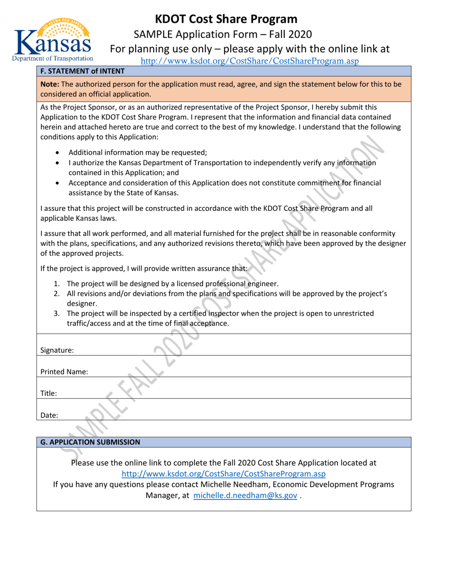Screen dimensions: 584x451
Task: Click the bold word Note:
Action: tap(50, 84)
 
